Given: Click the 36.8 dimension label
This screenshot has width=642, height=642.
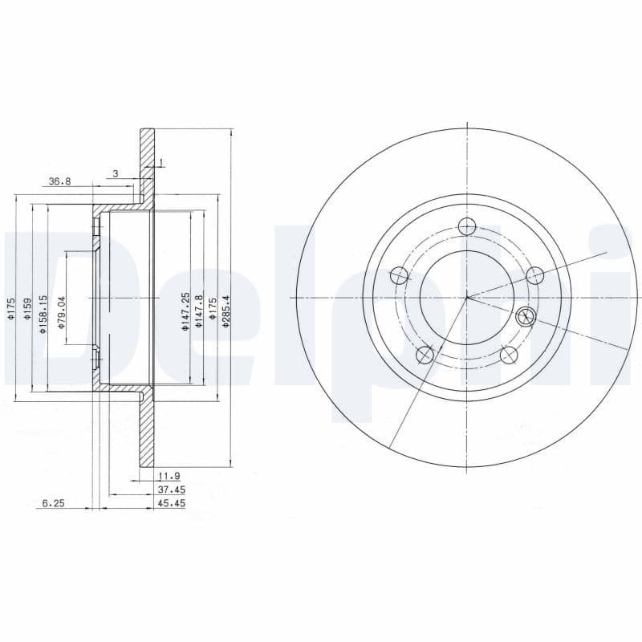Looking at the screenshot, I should click(59, 181).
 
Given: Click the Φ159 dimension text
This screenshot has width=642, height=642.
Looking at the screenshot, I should click(27, 309).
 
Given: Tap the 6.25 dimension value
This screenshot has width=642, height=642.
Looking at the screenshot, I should click(52, 503).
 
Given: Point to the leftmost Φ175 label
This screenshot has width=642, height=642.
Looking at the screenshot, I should click(11, 309).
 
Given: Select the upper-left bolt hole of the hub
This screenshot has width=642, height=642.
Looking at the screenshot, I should click(399, 276).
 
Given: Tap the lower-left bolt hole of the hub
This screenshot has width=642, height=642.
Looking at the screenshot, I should click(425, 355).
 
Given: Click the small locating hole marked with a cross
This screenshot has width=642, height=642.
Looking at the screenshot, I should click(526, 316).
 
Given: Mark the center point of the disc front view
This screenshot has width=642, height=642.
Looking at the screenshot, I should click(467, 298).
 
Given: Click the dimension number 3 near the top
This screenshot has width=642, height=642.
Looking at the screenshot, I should click(115, 173).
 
